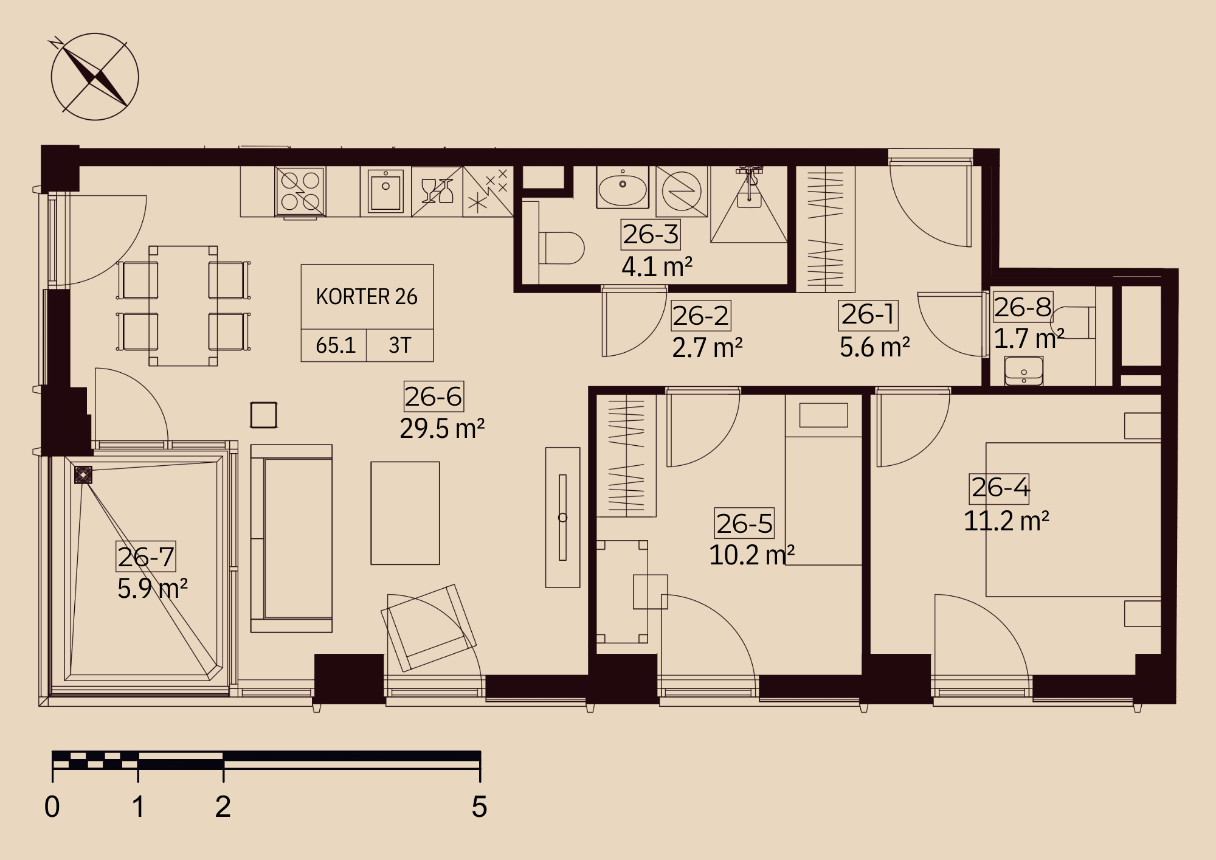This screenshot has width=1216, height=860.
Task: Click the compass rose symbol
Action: [x=95, y=77]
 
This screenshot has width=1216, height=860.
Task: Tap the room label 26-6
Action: [x=434, y=397]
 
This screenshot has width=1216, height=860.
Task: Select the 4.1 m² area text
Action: [x=657, y=266]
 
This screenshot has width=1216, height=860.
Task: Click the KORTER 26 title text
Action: [x=367, y=297]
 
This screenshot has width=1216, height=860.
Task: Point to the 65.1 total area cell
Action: [x=336, y=345]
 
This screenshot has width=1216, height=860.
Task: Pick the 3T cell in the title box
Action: [x=400, y=345]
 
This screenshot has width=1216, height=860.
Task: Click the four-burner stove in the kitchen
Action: [x=300, y=191]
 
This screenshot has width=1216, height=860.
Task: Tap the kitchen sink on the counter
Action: [x=385, y=190]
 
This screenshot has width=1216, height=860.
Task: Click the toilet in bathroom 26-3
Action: [x=561, y=248]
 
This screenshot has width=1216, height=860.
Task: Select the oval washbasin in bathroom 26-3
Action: [x=623, y=189]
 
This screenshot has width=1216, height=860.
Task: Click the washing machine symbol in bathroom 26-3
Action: [x=682, y=191]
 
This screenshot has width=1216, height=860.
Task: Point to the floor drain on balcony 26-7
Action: [x=83, y=475]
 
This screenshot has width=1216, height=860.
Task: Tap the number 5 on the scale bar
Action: [x=479, y=807]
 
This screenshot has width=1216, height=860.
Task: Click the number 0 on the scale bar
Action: [x=52, y=807]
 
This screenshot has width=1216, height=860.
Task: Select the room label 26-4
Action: [x=1000, y=488]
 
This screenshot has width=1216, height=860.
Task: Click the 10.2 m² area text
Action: [x=751, y=555]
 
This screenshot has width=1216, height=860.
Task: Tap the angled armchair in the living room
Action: [x=429, y=628]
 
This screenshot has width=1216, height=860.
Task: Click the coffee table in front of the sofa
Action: [x=405, y=513]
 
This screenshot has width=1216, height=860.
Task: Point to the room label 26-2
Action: [x=701, y=316]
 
